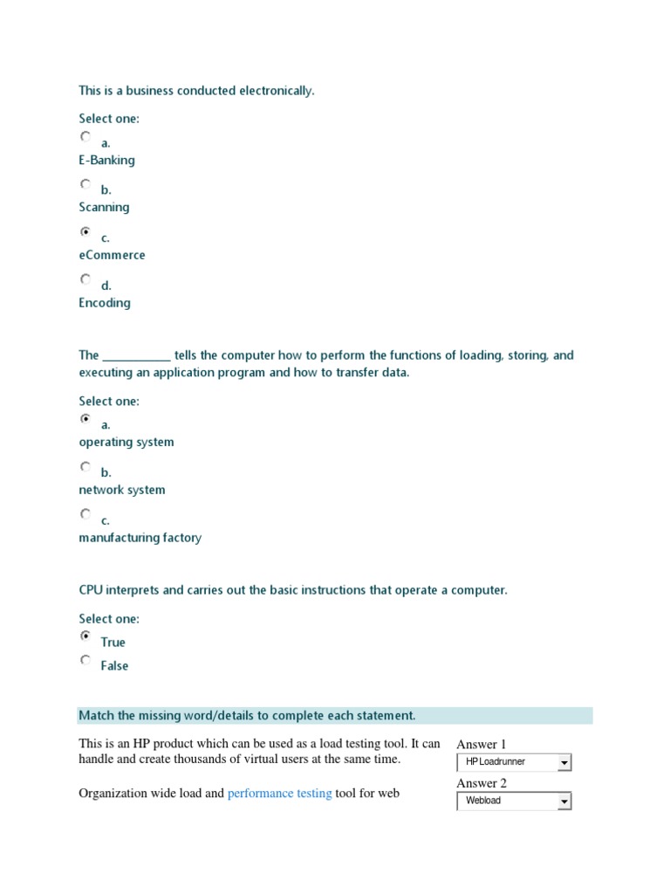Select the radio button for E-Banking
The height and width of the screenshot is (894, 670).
tap(85, 137)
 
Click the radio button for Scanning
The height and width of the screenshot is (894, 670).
tap(85, 184)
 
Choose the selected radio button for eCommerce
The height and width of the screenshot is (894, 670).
tap(85, 232)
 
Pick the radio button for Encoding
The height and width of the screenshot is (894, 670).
tap(85, 279)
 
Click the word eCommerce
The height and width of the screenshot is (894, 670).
tap(112, 255)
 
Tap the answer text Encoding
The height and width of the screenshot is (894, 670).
tap(105, 303)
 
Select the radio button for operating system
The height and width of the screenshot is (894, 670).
tap(85, 419)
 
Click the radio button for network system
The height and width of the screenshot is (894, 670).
tap(85, 467)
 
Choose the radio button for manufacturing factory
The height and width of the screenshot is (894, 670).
tap(85, 514)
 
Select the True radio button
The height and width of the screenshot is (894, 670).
tap(85, 636)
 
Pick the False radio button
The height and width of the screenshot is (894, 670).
tap(85, 660)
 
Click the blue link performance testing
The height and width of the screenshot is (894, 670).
tap(279, 794)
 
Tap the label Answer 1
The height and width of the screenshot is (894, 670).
tap(482, 745)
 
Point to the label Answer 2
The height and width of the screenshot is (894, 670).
tap(482, 783)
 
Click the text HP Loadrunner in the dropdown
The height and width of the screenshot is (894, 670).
tap(496, 762)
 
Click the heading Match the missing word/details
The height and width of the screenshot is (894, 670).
tap(247, 716)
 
